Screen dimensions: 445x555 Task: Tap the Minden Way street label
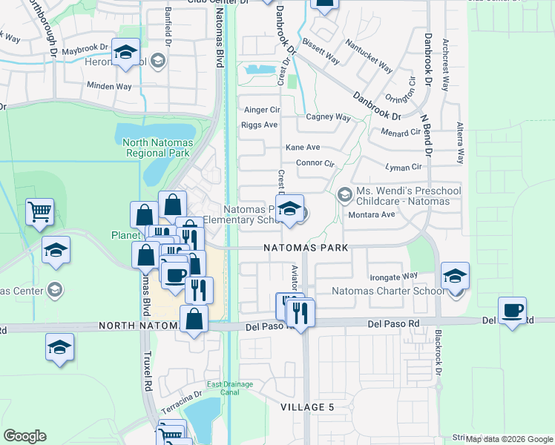(x=109, y=86)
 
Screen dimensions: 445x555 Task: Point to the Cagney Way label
(x=328, y=117)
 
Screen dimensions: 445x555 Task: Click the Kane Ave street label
(x=303, y=148)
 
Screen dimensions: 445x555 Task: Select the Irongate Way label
(x=394, y=276)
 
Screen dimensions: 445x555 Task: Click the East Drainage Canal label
(x=230, y=388)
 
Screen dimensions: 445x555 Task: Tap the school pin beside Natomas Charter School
(x=455, y=277)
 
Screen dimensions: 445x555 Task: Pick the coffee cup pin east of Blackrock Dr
(x=513, y=310)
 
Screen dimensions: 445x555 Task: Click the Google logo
(x=24, y=436)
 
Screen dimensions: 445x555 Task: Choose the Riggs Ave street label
(x=259, y=125)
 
